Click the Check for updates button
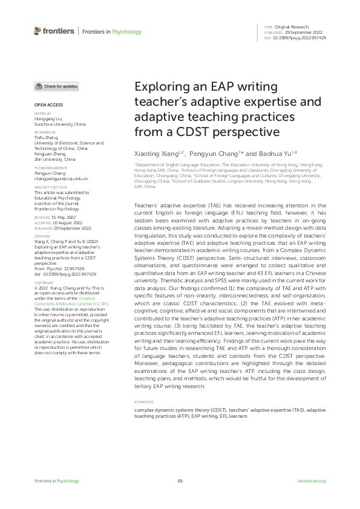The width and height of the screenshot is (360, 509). [56, 86]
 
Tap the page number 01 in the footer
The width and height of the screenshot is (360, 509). [180, 481]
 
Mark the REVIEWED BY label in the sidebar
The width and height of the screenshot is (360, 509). [45, 131]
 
